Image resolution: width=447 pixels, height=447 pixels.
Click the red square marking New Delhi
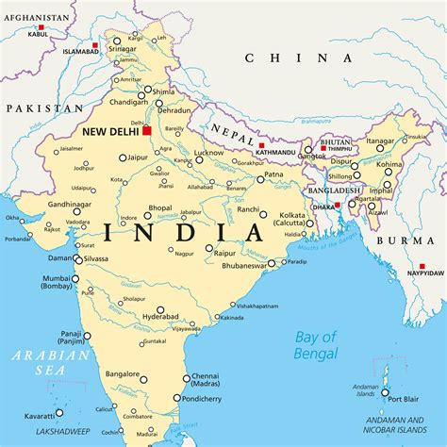146,130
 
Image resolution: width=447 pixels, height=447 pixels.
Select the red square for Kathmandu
261,144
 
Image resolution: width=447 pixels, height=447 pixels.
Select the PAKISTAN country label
39,108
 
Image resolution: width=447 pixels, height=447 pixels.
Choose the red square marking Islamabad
95,44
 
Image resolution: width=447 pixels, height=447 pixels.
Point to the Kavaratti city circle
58,411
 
